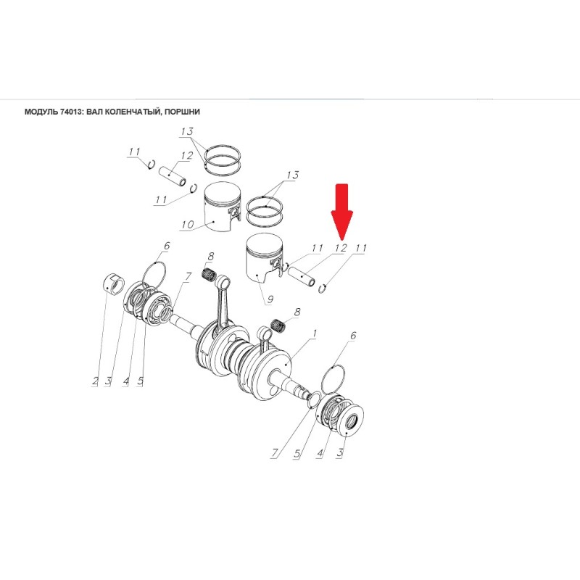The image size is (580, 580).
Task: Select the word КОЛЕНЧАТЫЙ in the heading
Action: (x=133, y=112)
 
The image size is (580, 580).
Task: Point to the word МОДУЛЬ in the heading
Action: (x=41, y=112)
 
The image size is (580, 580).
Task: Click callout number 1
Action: (x=315, y=333)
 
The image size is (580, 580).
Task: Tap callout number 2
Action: (x=96, y=381)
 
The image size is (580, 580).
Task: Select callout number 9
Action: (x=270, y=299)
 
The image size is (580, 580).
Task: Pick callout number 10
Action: (x=188, y=224)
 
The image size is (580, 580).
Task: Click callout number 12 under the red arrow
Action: (x=341, y=248)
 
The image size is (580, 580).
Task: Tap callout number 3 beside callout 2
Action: (x=108, y=381)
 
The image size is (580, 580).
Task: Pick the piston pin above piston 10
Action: (x=173, y=176)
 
